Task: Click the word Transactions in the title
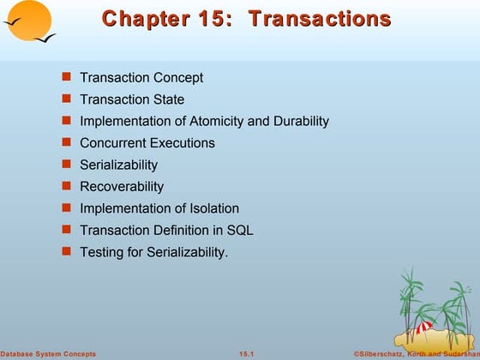[319, 19]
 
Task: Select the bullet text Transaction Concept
[141, 78]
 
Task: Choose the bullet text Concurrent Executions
[147, 143]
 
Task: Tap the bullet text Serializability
[118, 165]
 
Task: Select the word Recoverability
[122, 187]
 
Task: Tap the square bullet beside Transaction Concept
[66, 78]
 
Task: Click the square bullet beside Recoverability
[66, 187]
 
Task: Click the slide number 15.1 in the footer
[249, 354]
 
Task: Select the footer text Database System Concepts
[48, 354]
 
